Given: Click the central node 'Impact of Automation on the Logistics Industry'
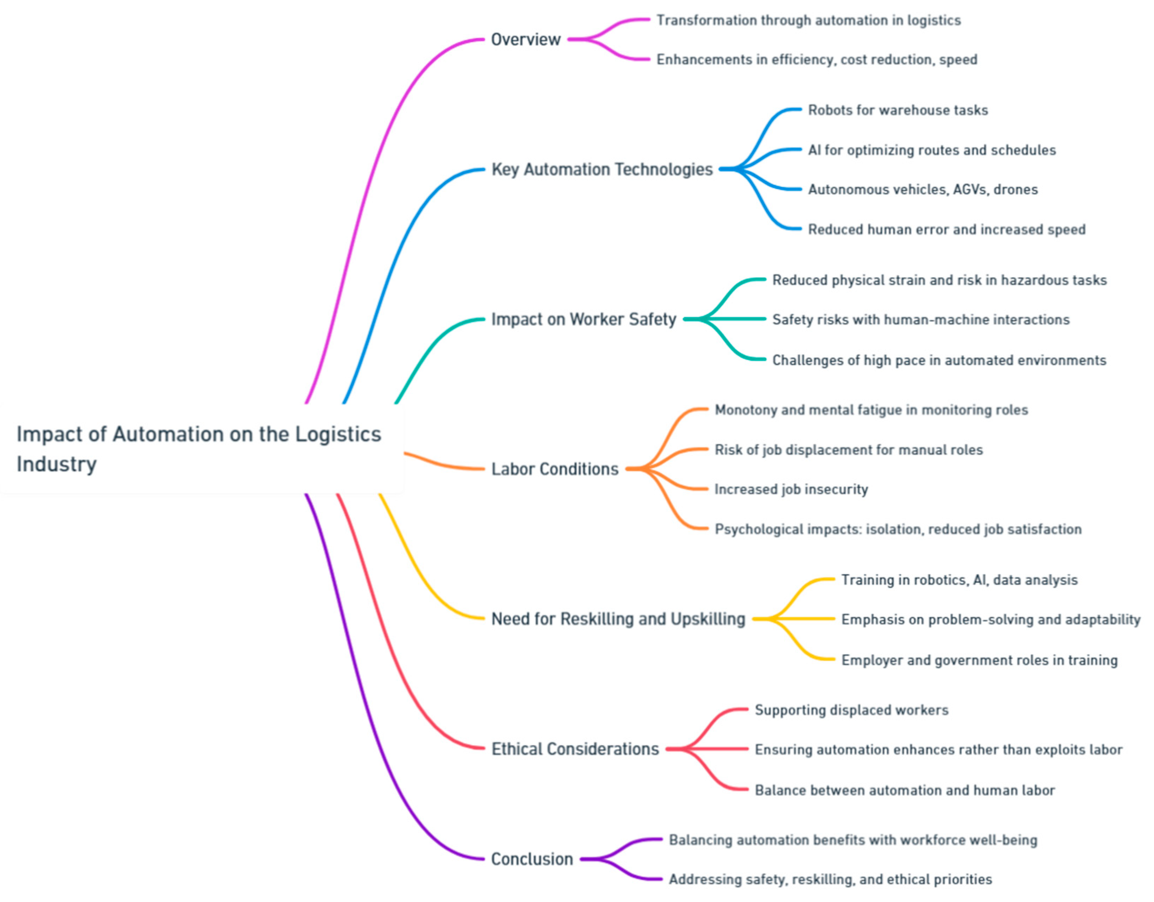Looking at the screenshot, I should pyautogui.click(x=199, y=449).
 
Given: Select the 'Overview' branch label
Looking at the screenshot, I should pyautogui.click(x=525, y=40).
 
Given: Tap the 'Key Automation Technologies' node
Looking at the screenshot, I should pyautogui.click(x=602, y=169).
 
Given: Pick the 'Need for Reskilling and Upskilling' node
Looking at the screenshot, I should pyautogui.click(x=618, y=619).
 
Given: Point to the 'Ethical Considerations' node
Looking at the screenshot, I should pyautogui.click(x=575, y=749).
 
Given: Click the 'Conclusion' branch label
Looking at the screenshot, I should pyautogui.click(x=532, y=859).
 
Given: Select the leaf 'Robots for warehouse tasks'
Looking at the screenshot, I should pyautogui.click(x=898, y=110).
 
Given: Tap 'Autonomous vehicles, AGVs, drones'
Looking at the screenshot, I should pyautogui.click(x=922, y=190).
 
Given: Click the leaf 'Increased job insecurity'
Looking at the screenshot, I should pyautogui.click(x=791, y=490).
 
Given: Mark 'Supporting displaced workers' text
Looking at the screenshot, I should pyautogui.click(x=851, y=710).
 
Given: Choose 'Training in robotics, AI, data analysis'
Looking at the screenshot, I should pyautogui.click(x=959, y=580).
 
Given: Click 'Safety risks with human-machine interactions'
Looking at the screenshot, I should pyautogui.click(x=920, y=320).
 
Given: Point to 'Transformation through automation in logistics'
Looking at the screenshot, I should pyautogui.click(x=809, y=21).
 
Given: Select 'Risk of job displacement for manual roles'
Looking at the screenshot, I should pyautogui.click(x=849, y=450).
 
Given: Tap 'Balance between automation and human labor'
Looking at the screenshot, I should pyautogui.click(x=905, y=790).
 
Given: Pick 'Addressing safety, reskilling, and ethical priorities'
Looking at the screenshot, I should pyautogui.click(x=830, y=879).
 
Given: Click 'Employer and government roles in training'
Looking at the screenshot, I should pyautogui.click(x=979, y=660).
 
